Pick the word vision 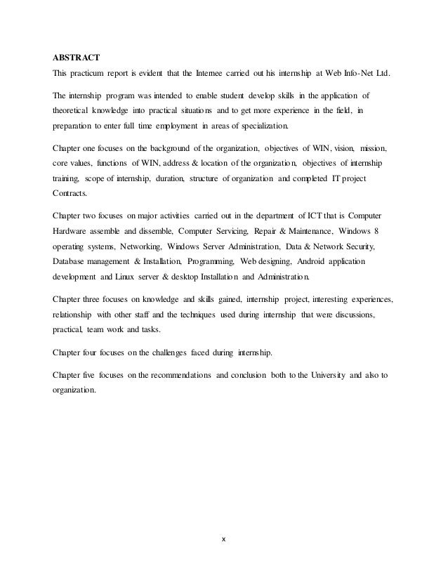343,149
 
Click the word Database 72,263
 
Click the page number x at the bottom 224,558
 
